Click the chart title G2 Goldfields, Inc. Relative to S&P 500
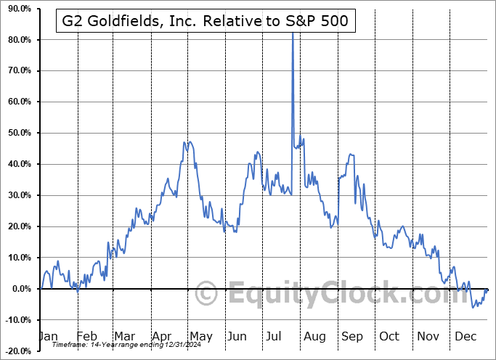pyautogui.click(x=205, y=22)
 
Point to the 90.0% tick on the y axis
pyautogui.click(x=17, y=9)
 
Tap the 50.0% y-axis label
pyautogui.click(x=17, y=133)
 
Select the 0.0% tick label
pyautogui.click(x=20, y=289)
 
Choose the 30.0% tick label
pyautogui.click(x=17, y=195)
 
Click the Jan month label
pyautogui.click(x=47, y=336)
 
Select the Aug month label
pyautogui.click(x=314, y=336)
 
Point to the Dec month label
pyautogui.click(x=465, y=336)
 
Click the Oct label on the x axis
pyautogui.click(x=389, y=336)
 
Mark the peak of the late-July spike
pyautogui.click(x=292, y=32)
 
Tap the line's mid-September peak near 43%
pyautogui.click(x=351, y=154)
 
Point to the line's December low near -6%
pyautogui.click(x=473, y=307)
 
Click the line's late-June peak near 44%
pyautogui.click(x=257, y=152)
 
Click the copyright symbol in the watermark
pyautogui.click(x=207, y=295)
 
